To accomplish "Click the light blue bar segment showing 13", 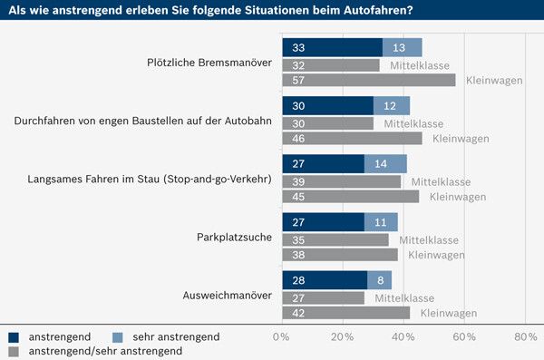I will (x=402, y=47).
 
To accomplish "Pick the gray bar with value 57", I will (x=368, y=81).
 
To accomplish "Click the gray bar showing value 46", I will (x=352, y=139).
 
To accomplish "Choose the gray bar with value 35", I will (x=335, y=239).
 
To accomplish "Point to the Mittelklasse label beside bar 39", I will (x=441, y=181).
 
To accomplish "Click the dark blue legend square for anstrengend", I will (x=14, y=336).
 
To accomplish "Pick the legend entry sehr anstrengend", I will (x=177, y=336).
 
